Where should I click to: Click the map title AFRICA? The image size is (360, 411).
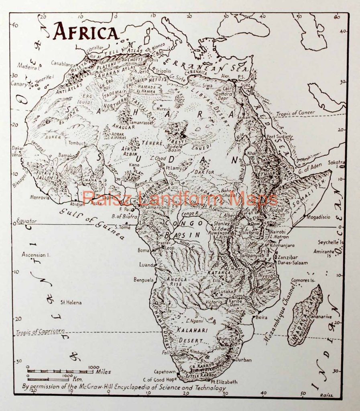[x=86, y=31]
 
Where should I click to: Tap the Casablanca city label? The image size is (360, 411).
[x=63, y=63]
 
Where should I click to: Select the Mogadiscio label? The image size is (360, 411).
[x=318, y=217]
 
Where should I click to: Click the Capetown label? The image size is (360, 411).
[x=165, y=372]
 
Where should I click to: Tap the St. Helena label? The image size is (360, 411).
[x=71, y=302]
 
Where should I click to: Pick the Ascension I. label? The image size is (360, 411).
[x=36, y=254]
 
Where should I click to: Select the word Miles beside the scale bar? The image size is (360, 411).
[x=103, y=372]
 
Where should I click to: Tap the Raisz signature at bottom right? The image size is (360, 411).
[x=327, y=395]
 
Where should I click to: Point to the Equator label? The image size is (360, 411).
[x=26, y=221]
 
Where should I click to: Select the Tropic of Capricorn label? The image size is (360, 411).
[x=40, y=332]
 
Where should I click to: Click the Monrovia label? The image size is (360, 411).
[x=40, y=197]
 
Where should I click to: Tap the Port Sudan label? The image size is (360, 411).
[x=278, y=136]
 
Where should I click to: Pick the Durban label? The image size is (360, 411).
[x=243, y=360]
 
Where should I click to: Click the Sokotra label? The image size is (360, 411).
[x=336, y=162]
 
